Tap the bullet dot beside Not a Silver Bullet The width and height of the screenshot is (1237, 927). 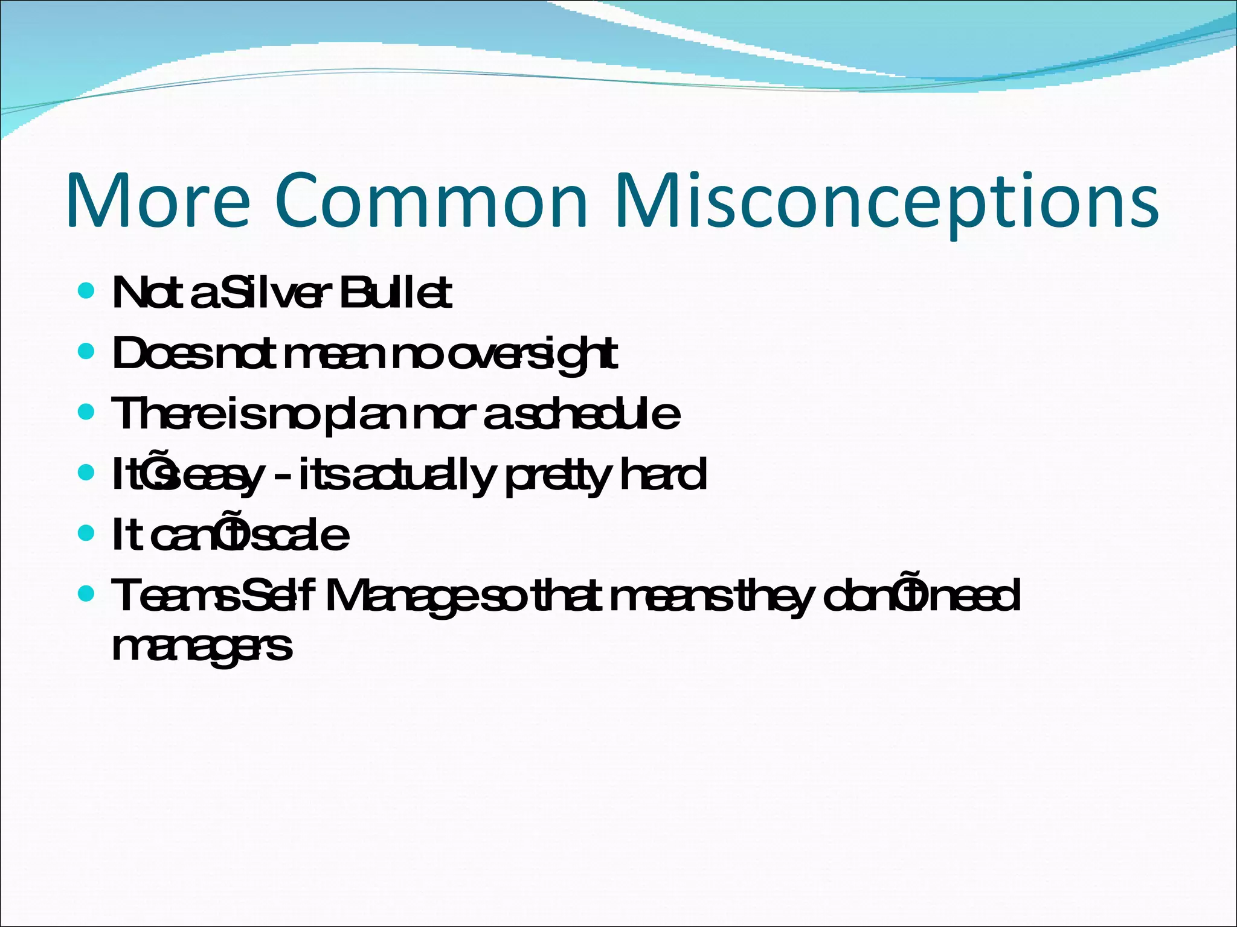[x=87, y=291]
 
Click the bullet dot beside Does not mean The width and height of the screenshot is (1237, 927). [x=87, y=351]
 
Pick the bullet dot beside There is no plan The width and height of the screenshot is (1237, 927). [x=87, y=412]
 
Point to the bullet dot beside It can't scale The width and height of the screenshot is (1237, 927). [x=87, y=533]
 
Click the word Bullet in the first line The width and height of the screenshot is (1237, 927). [x=396, y=293]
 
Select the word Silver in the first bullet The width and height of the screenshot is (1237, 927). [x=275, y=293]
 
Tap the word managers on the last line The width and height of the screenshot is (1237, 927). [x=202, y=648]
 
